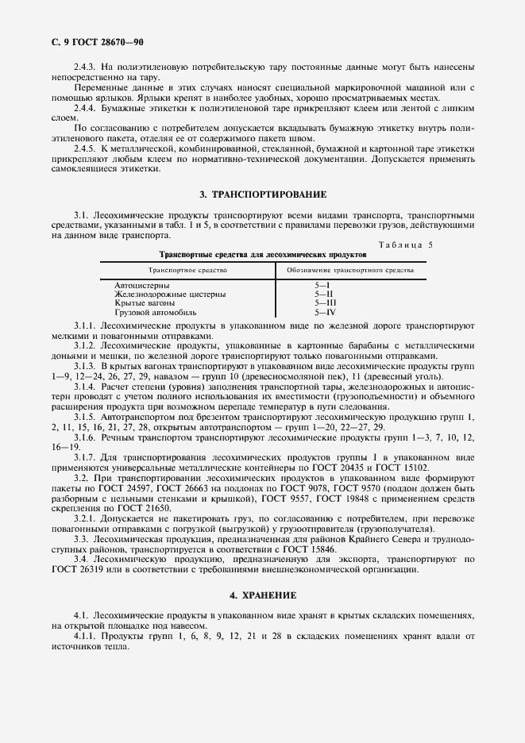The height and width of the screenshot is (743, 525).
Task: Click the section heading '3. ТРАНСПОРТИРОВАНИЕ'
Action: click(x=262, y=194)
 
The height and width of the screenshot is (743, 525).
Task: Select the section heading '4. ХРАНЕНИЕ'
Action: click(x=262, y=595)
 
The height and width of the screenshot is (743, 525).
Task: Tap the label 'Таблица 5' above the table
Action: click(x=406, y=245)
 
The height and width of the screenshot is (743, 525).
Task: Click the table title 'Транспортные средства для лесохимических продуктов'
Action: click(x=263, y=256)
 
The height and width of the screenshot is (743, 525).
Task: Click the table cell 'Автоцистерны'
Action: click(x=142, y=285)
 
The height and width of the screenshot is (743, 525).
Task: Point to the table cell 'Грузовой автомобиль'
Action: click(x=155, y=313)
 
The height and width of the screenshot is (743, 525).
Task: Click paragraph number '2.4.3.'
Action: click(x=86, y=67)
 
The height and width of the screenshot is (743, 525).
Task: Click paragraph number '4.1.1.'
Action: click(x=86, y=637)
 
